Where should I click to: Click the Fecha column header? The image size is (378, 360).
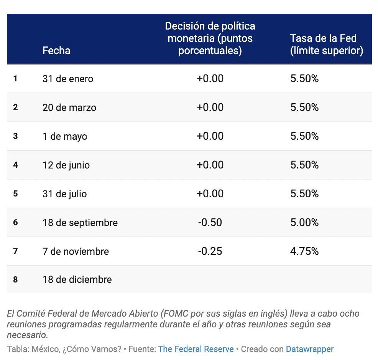(x=56, y=50)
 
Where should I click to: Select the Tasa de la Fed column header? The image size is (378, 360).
(x=326, y=45)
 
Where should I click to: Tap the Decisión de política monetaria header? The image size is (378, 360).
(x=210, y=38)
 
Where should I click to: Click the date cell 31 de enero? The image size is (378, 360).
(x=68, y=79)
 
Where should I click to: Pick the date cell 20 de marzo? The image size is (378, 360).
(x=69, y=107)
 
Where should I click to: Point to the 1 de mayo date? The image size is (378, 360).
(x=65, y=136)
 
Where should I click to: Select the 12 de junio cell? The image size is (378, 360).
(x=66, y=165)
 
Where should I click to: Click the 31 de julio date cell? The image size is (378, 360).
(x=64, y=194)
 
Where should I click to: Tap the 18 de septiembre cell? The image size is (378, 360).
(x=80, y=223)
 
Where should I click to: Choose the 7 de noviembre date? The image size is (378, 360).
(x=76, y=251)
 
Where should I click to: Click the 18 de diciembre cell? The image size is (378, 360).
(x=77, y=279)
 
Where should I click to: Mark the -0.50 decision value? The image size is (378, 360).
(x=210, y=222)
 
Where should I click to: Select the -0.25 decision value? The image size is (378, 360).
(x=210, y=251)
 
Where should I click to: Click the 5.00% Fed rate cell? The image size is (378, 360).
(x=304, y=222)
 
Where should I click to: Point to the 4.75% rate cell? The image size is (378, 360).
(x=304, y=251)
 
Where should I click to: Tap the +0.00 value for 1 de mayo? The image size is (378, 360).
(x=210, y=136)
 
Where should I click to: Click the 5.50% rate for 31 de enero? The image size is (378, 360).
(x=304, y=78)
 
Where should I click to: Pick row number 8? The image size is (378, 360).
(x=15, y=279)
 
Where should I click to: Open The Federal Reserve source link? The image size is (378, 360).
(x=196, y=349)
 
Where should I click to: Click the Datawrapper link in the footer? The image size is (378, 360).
(x=309, y=349)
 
